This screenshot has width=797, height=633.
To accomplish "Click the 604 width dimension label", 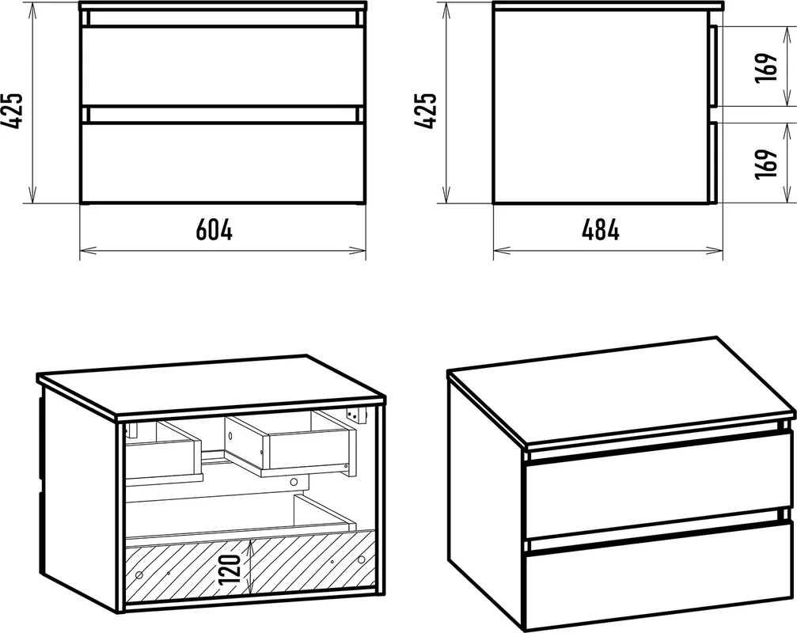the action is coord(214,229).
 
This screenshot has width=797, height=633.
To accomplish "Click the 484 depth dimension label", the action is coord(600,229).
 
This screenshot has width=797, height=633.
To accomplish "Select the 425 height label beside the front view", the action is coord(12,111).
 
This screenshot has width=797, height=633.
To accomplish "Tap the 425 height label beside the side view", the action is coord(426,111).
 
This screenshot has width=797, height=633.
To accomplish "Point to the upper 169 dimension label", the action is coord(766,67).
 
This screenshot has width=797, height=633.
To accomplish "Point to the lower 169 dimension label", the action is coord(766,164).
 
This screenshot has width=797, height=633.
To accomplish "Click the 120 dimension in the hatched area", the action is coord(230,569).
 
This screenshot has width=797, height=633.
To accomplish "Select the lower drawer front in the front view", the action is coord(223,162).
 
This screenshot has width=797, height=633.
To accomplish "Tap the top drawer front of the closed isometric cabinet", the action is coord(658,484).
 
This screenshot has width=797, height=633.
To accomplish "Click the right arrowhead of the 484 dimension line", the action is coord(715,250).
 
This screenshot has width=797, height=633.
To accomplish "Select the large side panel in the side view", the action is coord(602,107).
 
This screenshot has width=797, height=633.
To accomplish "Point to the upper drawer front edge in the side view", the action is coord(714,66).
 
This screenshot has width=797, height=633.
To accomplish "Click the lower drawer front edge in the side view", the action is coord(714,162).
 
